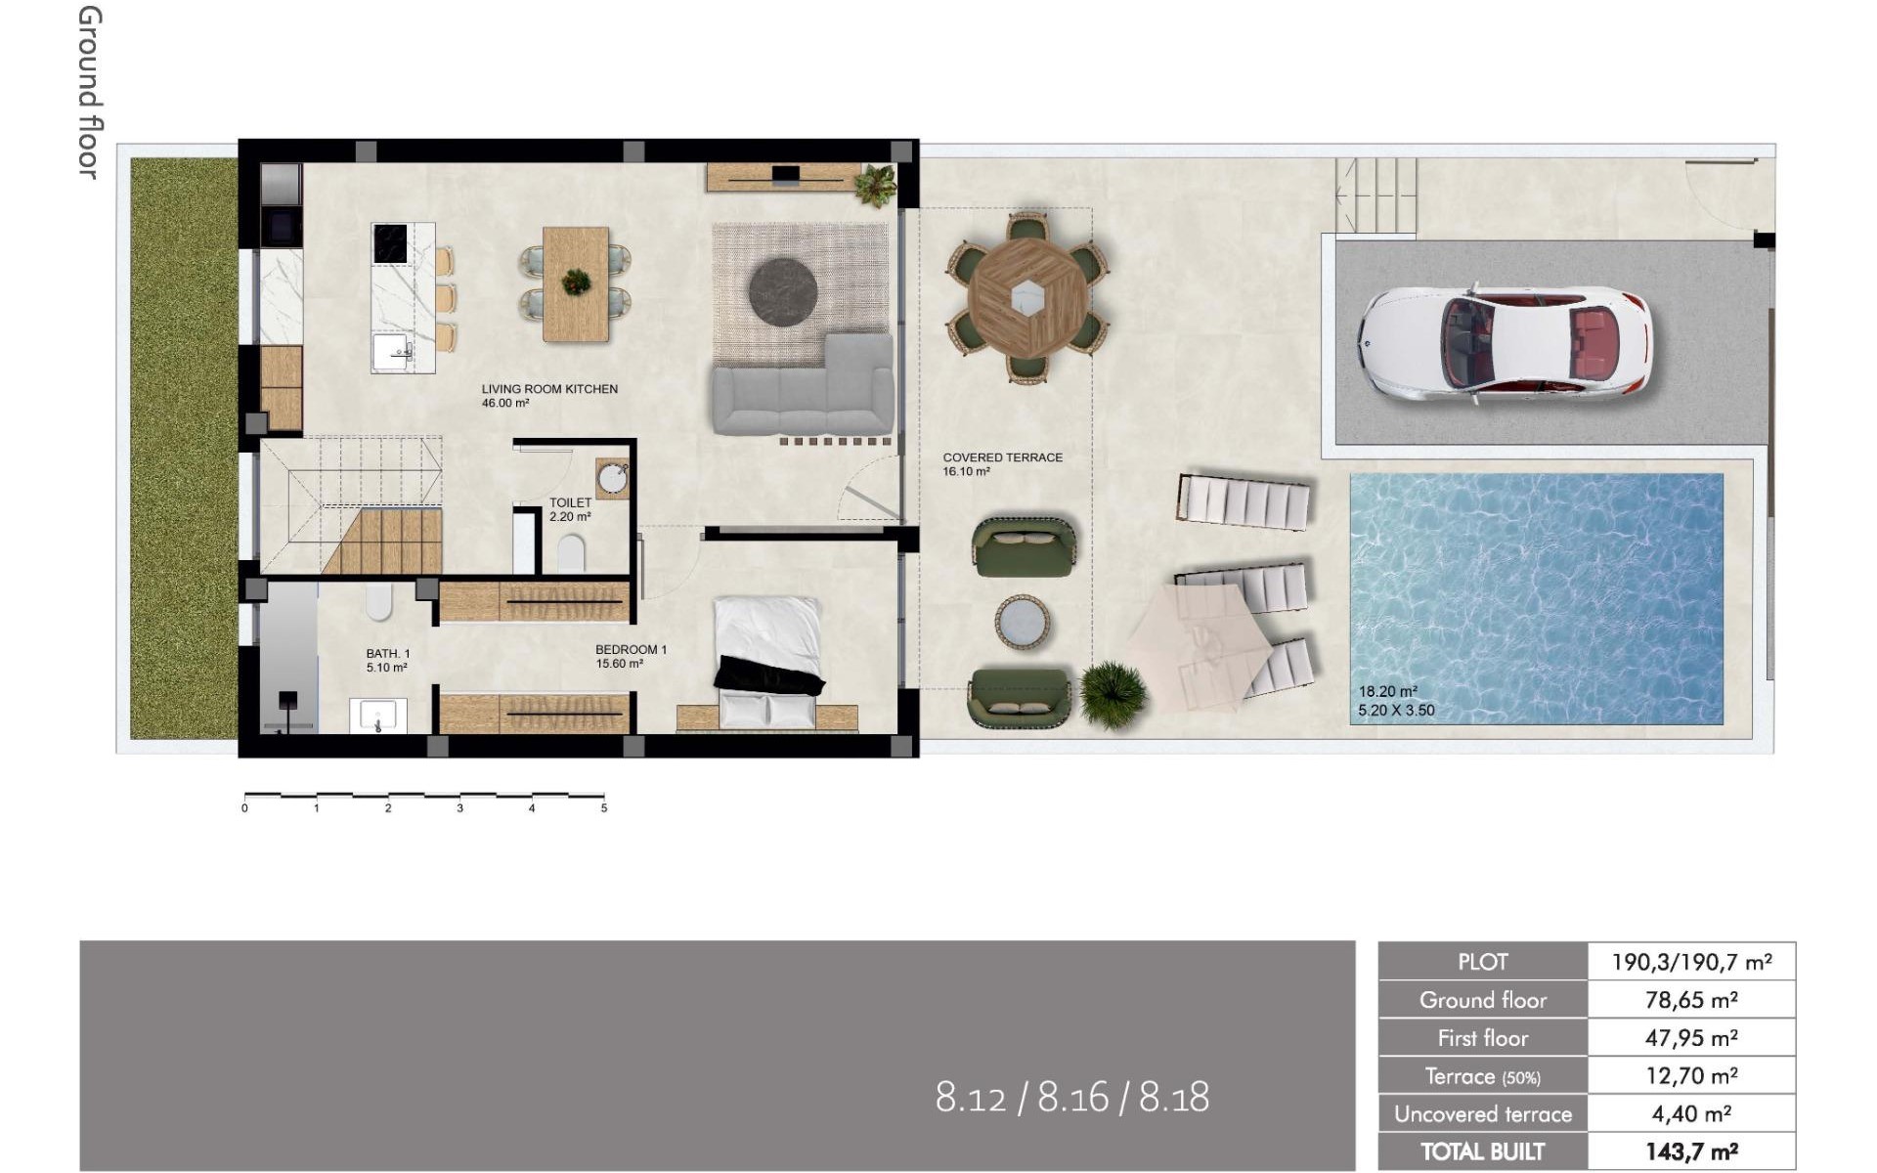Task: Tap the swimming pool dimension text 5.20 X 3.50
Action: click(x=1396, y=711)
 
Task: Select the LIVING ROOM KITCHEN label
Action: click(x=549, y=389)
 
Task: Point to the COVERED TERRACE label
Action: click(x=1002, y=457)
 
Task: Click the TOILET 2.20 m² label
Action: click(x=570, y=509)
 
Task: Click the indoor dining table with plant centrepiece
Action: click(x=576, y=283)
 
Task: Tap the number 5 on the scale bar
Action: click(x=604, y=808)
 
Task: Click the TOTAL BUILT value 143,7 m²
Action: click(x=1690, y=1151)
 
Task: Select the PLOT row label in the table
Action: click(x=1482, y=962)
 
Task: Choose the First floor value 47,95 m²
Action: click(x=1690, y=1038)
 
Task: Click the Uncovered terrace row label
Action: click(x=1482, y=1114)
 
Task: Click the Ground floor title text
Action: click(x=89, y=93)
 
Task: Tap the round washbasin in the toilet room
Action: click(x=614, y=479)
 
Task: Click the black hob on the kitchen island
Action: click(x=390, y=243)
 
